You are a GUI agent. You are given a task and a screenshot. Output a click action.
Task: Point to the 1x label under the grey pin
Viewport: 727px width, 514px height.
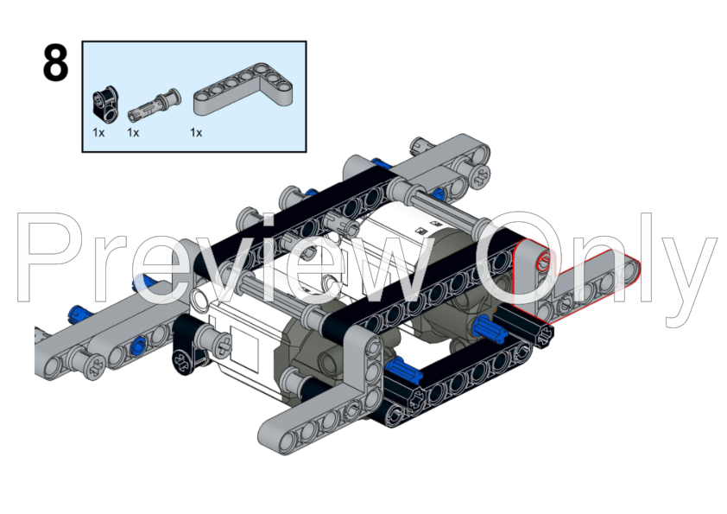133,133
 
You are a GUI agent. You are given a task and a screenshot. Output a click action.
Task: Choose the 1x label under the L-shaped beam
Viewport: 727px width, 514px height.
196,133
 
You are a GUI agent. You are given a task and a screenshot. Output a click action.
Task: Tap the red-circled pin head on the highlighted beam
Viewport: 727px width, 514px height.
542,263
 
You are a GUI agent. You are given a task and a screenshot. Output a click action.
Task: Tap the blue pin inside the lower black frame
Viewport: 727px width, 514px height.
402,372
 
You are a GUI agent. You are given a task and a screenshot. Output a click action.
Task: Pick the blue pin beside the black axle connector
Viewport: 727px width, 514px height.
489,327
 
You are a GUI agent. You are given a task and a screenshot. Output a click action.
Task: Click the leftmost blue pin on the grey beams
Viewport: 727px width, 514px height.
80,313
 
